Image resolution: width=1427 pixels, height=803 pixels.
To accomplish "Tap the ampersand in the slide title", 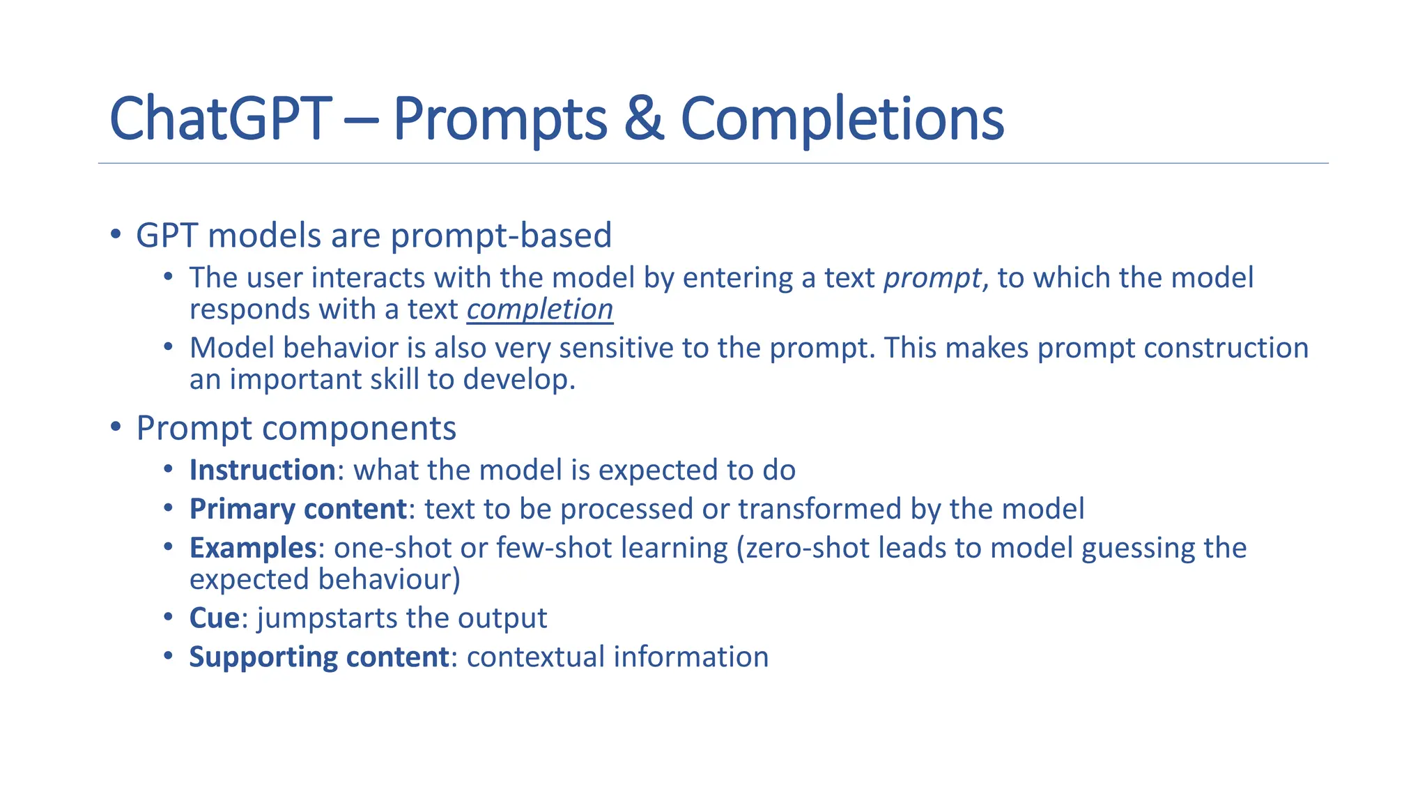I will click(643, 119).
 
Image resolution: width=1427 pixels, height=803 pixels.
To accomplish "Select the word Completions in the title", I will click(842, 119).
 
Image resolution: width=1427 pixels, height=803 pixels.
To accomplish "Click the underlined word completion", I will click(539, 309).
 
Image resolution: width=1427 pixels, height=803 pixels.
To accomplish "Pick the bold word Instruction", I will click(263, 471).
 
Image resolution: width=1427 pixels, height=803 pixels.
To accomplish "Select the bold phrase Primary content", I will click(298, 510).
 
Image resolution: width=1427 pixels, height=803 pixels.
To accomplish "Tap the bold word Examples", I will click(253, 549).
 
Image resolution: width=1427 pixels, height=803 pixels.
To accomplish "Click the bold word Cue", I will click(215, 618).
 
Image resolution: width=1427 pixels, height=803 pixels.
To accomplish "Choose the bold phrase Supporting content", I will click(318, 657).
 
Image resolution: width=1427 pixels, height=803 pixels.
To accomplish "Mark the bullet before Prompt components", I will click(116, 427).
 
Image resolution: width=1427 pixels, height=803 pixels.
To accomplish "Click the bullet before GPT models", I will click(116, 234).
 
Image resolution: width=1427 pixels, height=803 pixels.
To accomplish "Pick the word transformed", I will click(819, 510).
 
